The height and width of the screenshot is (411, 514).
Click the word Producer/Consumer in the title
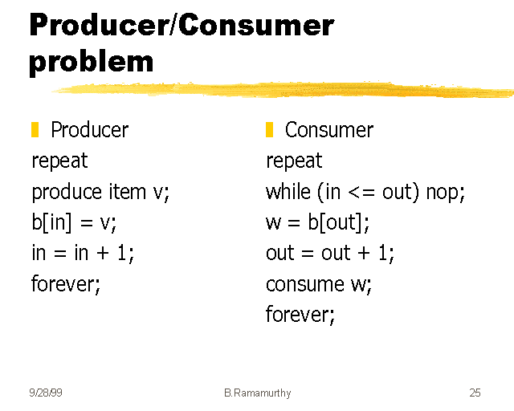pos(182,26)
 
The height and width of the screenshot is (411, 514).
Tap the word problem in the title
pos(91,61)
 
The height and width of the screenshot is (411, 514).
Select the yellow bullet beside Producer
pos(35,129)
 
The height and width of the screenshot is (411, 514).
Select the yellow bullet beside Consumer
pos(270,129)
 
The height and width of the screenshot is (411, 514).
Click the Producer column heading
pos(89,130)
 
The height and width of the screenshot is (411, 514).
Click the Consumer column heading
pos(328,130)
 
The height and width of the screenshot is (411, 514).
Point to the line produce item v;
pos(101,192)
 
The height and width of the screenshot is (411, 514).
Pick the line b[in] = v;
pos(74,222)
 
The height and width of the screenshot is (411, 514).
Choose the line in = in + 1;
pos(83,253)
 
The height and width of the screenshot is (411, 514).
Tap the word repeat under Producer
pos(59,161)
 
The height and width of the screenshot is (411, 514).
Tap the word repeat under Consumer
pos(294,161)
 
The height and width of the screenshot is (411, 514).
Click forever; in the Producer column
pos(67,283)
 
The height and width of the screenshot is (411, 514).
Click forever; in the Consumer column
pos(300,314)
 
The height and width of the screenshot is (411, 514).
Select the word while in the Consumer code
pos(288,192)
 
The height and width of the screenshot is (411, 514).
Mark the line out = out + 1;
pos(330,253)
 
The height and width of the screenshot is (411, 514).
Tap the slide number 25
pos(475,393)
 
